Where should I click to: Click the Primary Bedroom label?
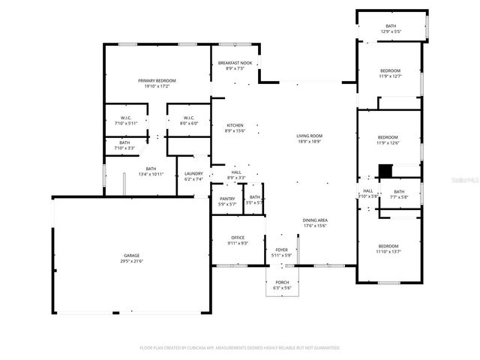[x=157, y=80]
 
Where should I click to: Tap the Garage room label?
[x=131, y=256]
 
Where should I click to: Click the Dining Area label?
[x=315, y=220]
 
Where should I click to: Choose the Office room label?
[x=237, y=238]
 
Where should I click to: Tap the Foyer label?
[x=281, y=250]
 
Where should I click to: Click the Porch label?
[x=281, y=283]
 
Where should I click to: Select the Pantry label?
[x=227, y=199]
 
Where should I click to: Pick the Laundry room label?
[x=194, y=174]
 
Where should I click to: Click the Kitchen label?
[x=235, y=125]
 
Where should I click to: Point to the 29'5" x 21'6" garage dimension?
[x=131, y=261]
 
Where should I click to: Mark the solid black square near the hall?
[x=385, y=171]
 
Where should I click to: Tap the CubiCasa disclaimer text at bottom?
[x=240, y=348]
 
